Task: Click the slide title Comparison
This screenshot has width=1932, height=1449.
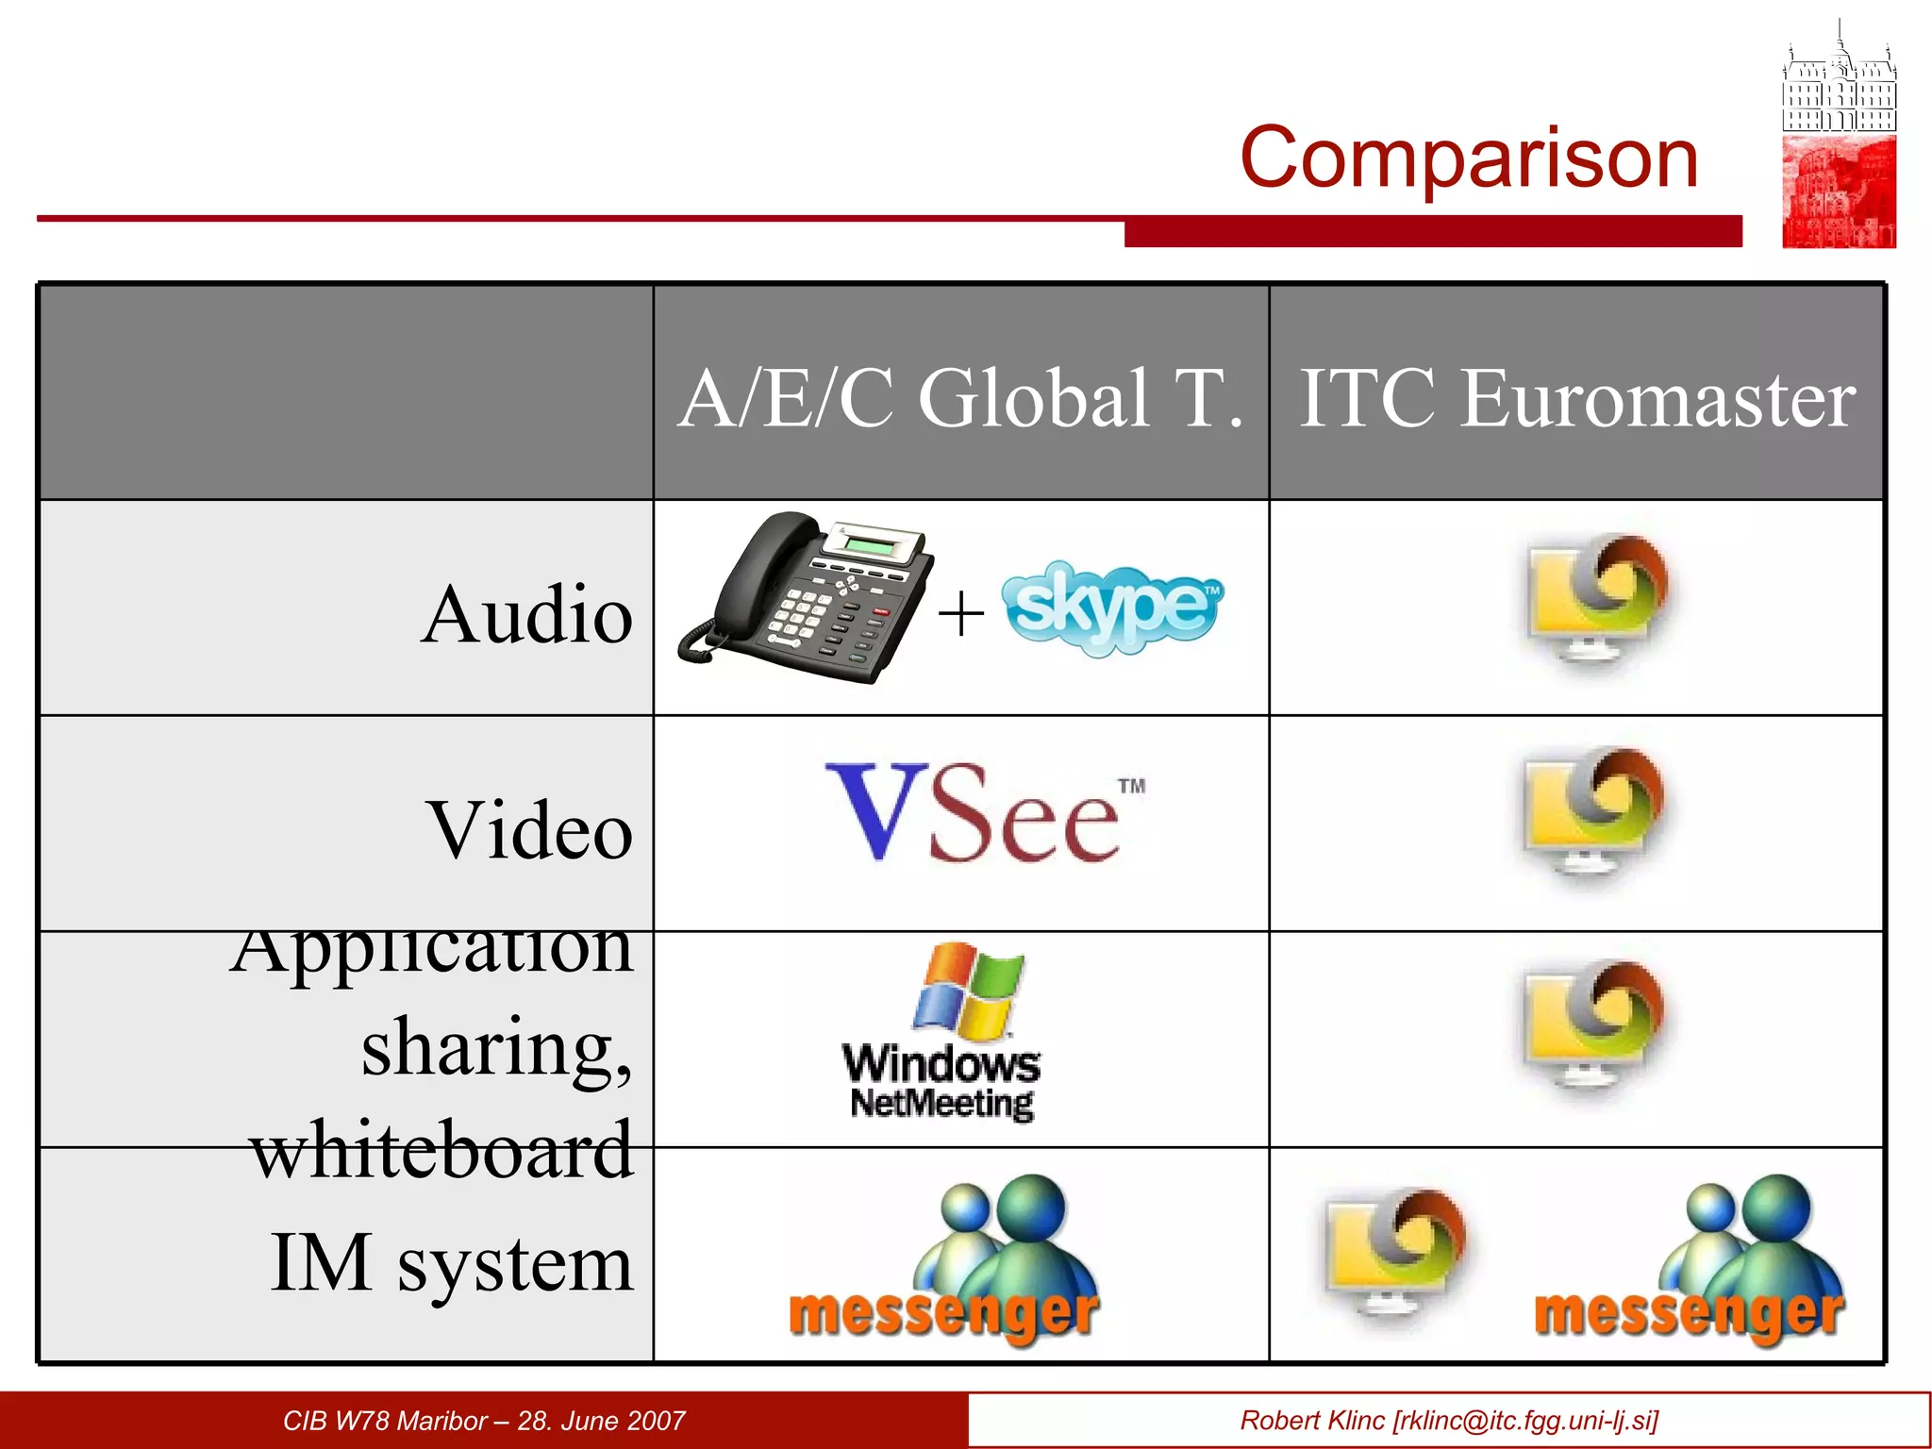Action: [1468, 158]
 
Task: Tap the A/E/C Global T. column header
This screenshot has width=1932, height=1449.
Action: [960, 398]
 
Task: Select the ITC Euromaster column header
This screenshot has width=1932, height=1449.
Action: [1576, 398]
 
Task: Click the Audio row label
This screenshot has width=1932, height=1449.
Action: [526, 614]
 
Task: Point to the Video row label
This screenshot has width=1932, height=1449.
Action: [530, 830]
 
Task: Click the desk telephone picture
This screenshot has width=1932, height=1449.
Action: [805, 598]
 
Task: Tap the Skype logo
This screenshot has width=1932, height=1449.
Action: [1111, 607]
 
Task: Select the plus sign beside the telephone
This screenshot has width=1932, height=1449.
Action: [960, 614]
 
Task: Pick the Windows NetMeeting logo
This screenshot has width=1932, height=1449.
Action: [942, 1033]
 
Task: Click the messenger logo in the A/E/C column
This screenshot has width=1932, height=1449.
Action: [944, 1259]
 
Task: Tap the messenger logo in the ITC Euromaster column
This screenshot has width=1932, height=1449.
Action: [1689, 1259]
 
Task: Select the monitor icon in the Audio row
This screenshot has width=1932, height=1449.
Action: [1595, 598]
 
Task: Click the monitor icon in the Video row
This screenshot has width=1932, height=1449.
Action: [1593, 811]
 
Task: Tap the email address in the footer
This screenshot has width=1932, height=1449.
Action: [1524, 1421]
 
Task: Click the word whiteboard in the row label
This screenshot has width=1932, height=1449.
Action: [441, 1150]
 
